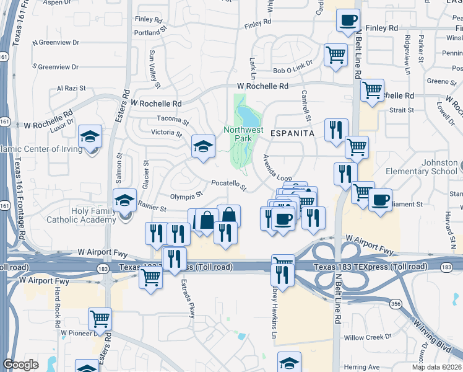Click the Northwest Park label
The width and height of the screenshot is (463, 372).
(243, 134)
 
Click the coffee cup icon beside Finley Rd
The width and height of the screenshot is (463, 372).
(348, 20)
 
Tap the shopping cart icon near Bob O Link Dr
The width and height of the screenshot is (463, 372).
(335, 54)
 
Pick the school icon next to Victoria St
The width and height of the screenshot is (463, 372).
(202, 146)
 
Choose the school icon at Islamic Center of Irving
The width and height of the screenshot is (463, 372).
(90, 136)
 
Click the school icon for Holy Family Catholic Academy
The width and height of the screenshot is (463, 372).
(125, 200)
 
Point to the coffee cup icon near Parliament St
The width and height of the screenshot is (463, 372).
(381, 200)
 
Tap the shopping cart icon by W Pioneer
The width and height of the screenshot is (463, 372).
(100, 319)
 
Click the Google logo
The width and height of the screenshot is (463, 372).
(21, 365)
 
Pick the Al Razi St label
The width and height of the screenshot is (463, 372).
(70, 88)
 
